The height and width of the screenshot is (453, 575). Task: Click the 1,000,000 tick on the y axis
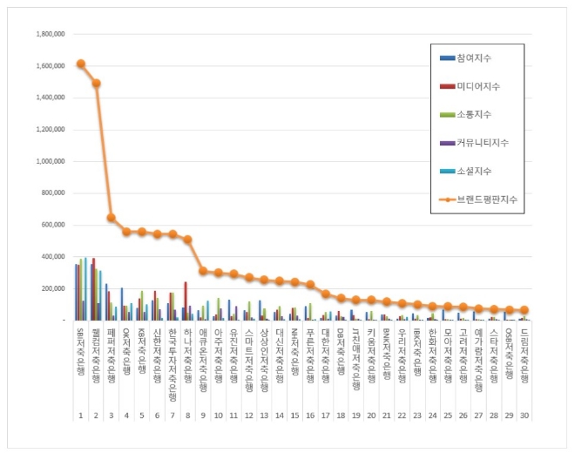(x=49, y=161)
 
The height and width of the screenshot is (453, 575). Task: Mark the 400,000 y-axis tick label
(x=52, y=257)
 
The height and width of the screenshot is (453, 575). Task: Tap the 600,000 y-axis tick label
(x=52, y=225)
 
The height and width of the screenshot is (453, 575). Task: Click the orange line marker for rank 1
(x=80, y=64)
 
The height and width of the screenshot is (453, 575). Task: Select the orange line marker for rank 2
(x=96, y=84)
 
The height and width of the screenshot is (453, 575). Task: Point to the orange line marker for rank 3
(x=112, y=218)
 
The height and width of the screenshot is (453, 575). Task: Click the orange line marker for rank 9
(x=203, y=271)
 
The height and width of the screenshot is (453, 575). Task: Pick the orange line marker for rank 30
(x=524, y=310)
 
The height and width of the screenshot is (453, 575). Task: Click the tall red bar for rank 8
(x=186, y=301)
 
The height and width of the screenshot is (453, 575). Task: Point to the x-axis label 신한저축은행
(x=157, y=354)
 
